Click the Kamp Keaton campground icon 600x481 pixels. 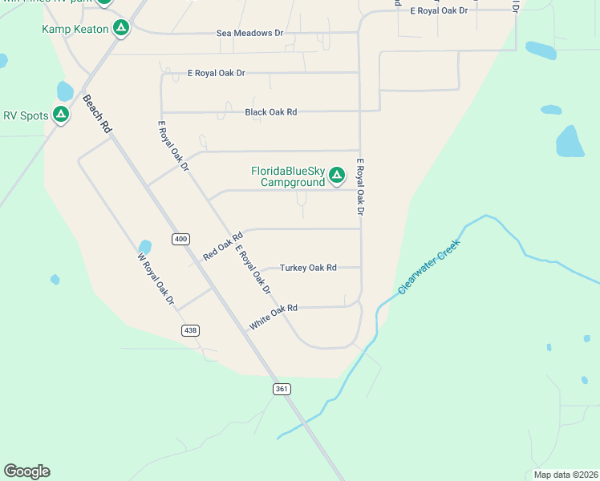pos(120,29)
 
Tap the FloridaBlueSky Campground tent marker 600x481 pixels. pos(337,174)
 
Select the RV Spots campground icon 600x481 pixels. pos(61,115)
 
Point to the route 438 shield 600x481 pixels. pos(190,330)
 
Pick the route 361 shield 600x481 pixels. pos(281,389)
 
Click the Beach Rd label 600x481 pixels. pos(96,115)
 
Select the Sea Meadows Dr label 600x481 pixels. pos(250,34)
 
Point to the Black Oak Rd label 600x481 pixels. pos(271,112)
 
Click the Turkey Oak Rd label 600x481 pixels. pos(308,268)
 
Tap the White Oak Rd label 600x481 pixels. pos(274,317)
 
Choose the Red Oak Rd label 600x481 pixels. pos(222,247)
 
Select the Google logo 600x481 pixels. pos(26,471)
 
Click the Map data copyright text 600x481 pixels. pos(565,475)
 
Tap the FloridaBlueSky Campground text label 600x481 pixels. pos(288,176)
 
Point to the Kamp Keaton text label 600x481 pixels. pos(75,29)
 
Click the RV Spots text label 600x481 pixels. pos(26,115)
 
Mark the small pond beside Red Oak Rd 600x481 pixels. pos(145,247)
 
